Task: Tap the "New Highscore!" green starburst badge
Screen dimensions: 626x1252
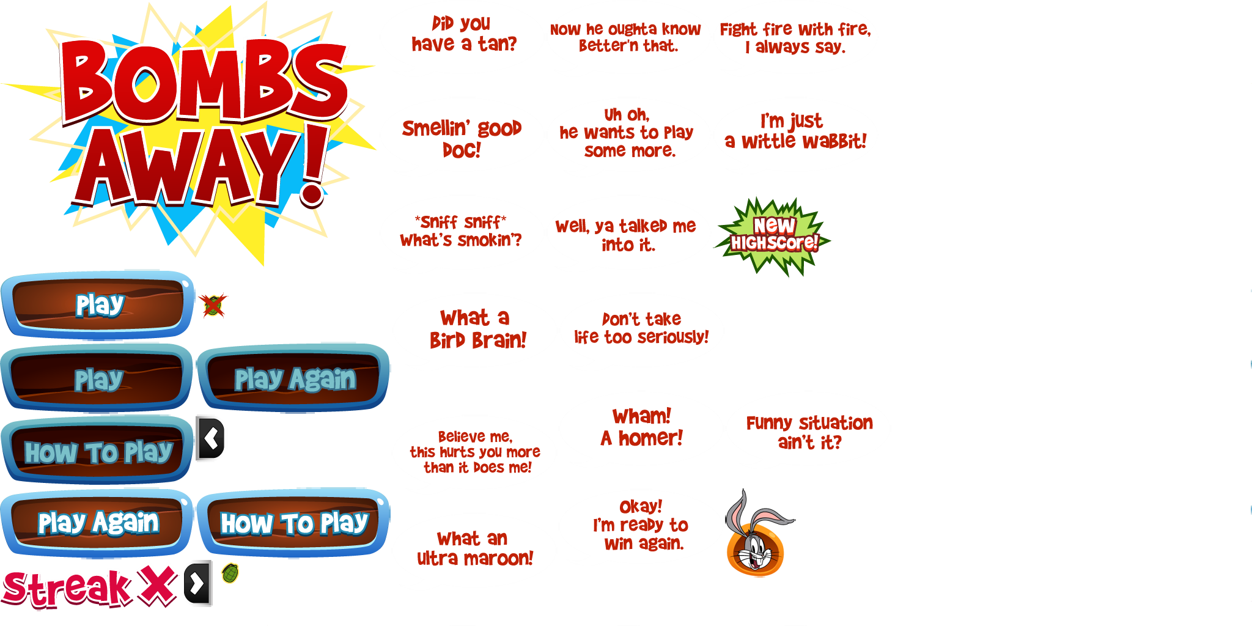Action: tap(774, 236)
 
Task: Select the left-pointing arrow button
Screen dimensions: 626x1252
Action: tap(212, 438)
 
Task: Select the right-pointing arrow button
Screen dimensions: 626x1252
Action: tap(197, 584)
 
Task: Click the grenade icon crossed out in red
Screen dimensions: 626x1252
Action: tap(213, 306)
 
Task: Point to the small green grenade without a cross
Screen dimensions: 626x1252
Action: tap(230, 573)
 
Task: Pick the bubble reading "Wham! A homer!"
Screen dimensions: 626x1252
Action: tap(641, 428)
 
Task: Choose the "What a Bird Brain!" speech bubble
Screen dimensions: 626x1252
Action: tap(476, 330)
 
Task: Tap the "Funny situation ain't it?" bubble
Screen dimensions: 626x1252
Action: tap(808, 431)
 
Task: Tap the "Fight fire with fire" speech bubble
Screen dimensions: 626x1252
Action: tap(795, 38)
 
